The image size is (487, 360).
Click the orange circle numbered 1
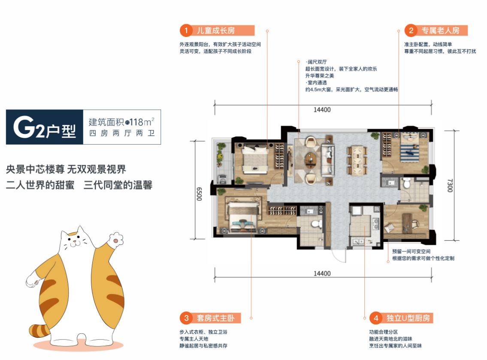tap(186, 30)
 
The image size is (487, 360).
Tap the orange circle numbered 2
tap(411, 30)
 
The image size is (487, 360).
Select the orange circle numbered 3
tap(186, 318)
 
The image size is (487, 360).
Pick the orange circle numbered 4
tap(376, 318)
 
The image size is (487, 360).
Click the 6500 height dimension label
tap(199, 194)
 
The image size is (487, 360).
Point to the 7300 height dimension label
tap(450, 185)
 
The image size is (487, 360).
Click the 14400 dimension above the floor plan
tap(322, 110)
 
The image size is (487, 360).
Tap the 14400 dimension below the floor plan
tap(322, 273)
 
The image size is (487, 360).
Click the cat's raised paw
tap(116, 239)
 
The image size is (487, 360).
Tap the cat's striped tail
tap(39, 330)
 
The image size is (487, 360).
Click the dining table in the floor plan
tap(357, 160)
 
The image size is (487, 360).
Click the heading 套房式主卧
tap(215, 318)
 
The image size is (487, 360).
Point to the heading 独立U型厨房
tap(408, 318)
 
